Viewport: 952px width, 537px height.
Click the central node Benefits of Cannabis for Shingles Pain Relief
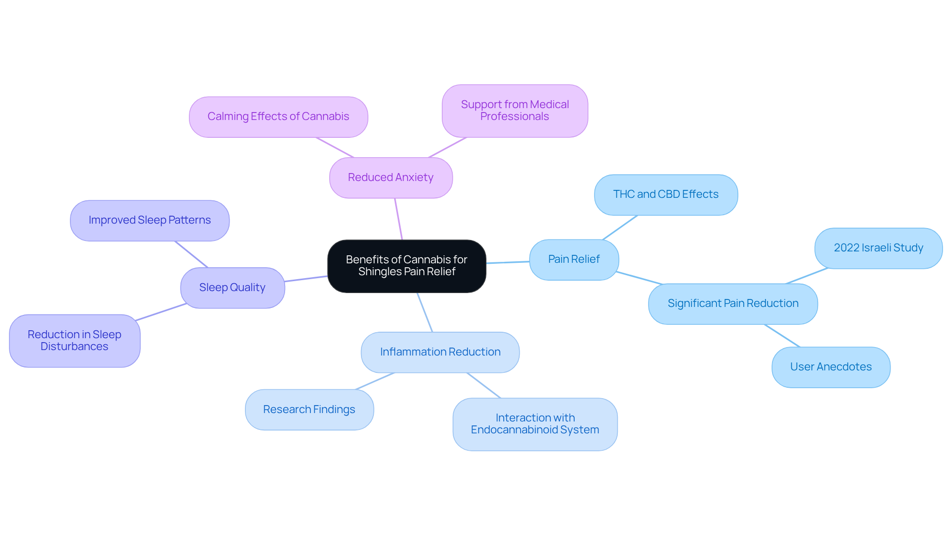click(407, 266)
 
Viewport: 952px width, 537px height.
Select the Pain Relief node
click(574, 260)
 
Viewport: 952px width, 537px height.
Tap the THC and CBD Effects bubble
click(666, 195)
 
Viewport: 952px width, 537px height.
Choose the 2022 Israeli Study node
click(879, 248)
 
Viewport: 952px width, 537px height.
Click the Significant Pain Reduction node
click(733, 304)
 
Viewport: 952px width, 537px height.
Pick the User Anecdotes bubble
click(831, 367)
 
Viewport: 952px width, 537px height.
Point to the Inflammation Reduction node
click(440, 353)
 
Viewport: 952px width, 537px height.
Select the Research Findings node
click(309, 410)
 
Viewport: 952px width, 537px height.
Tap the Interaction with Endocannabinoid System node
click(535, 424)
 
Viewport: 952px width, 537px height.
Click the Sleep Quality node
click(233, 288)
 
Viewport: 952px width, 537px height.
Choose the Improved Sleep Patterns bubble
click(150, 221)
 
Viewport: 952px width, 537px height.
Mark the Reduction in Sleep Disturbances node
click(75, 341)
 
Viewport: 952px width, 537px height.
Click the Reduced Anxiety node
click(391, 178)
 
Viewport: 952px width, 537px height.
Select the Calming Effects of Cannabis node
click(279, 117)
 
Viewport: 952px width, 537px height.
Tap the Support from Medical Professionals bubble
click(515, 111)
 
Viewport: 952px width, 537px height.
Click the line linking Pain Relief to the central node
click(508, 262)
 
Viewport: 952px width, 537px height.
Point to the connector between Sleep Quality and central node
click(306, 279)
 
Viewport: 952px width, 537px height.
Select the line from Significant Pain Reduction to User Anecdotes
click(782, 336)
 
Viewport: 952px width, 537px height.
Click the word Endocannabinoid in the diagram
click(514, 430)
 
